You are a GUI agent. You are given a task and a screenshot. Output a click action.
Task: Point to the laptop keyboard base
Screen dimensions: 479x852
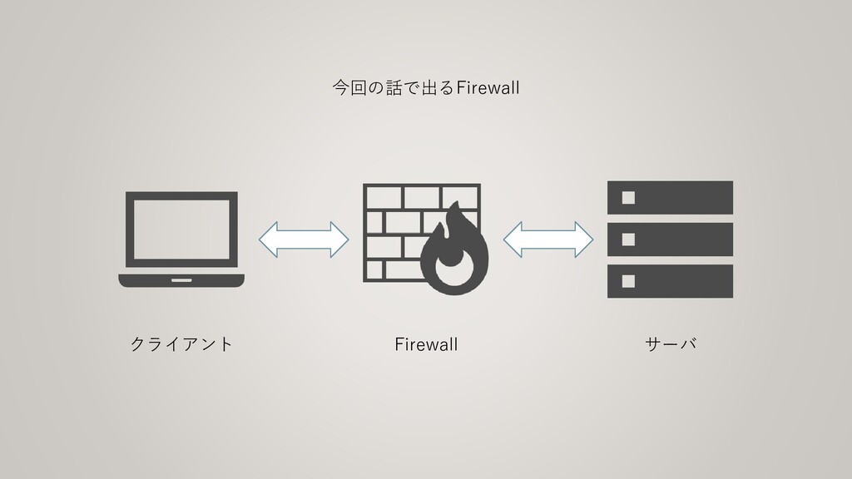[x=181, y=280]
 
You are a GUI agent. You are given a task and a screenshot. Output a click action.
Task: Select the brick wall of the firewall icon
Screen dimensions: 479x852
[x=391, y=225]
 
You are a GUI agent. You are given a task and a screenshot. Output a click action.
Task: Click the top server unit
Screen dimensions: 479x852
[x=670, y=197]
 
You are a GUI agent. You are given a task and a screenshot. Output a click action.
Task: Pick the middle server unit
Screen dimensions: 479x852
[x=670, y=239]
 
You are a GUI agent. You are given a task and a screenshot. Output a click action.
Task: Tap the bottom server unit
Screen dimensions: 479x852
[x=670, y=281]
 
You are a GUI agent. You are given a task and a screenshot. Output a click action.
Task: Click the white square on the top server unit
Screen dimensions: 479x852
[x=628, y=197]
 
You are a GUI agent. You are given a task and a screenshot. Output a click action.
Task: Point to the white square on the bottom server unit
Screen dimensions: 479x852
[x=628, y=281]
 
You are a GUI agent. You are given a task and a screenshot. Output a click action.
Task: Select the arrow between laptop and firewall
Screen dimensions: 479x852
[x=304, y=239]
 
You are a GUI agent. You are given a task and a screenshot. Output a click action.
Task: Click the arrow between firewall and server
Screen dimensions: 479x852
[x=547, y=239]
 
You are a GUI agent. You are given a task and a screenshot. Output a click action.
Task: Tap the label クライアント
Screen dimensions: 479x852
[x=181, y=344]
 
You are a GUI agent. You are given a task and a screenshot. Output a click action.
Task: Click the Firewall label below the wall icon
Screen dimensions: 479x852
[x=426, y=344]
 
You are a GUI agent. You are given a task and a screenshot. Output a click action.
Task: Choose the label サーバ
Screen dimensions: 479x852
[x=670, y=344]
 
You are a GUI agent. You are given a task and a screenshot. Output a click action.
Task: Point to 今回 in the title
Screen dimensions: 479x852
[x=348, y=87]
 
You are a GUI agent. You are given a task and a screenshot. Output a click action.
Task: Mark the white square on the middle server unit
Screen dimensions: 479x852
[x=628, y=239]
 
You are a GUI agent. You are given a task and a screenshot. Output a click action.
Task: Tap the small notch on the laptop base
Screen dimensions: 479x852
[x=181, y=279]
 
